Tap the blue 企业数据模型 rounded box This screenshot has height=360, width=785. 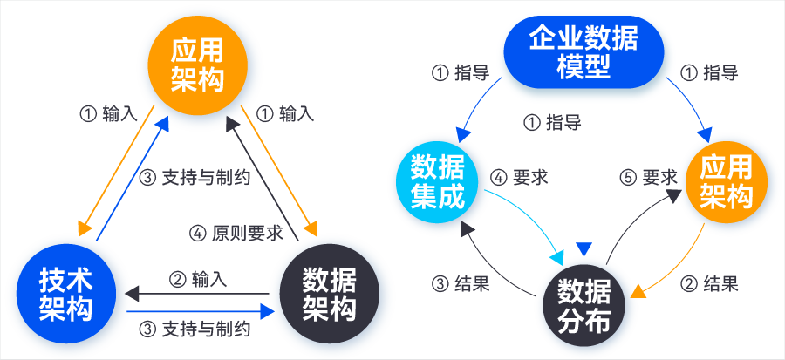583,53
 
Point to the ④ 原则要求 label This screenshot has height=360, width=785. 235,233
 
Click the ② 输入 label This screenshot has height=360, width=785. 198,279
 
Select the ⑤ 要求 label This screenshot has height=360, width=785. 648,177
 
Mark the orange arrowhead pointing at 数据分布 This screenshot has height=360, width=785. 638,290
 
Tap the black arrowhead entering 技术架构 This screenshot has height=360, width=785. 128,294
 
